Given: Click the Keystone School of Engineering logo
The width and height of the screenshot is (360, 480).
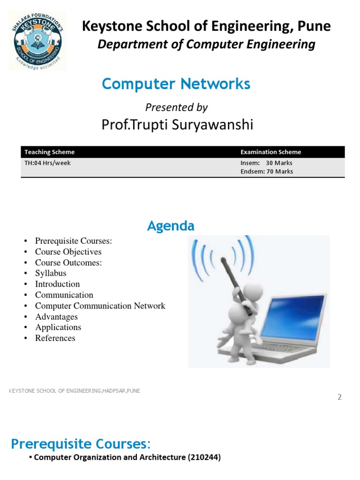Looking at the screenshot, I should tap(37, 40).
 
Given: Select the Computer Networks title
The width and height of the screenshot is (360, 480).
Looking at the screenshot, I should tap(176, 84).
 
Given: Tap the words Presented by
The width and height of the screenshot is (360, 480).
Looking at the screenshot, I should tap(176, 107).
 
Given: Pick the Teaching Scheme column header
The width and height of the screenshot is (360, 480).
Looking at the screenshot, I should tap(49, 152).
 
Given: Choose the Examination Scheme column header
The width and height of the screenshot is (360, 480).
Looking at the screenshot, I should tap(270, 152).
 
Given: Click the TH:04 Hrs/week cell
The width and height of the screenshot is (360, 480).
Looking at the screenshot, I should tap(48, 163).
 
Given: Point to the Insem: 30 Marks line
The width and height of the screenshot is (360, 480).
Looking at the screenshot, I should tap(266, 163).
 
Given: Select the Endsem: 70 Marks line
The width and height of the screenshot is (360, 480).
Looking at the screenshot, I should tap(266, 172).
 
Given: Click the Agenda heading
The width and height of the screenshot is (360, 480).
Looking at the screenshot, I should tap(171, 226).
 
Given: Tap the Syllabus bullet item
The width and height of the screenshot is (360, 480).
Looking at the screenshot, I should tap(51, 273).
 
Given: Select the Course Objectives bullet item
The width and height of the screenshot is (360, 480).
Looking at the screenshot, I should tap(68, 252).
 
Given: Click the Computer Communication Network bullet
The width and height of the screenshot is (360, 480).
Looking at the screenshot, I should tap(100, 306).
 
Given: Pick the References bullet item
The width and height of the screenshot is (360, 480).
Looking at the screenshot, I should tap(55, 338).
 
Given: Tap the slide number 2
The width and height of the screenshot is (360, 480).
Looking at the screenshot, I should tap(339, 397).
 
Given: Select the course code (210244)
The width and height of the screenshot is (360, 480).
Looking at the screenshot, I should tap(204, 457).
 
